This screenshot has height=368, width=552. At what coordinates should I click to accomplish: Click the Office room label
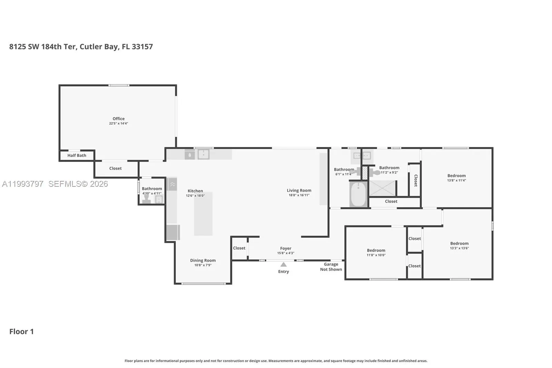pyautogui.click(x=119, y=119)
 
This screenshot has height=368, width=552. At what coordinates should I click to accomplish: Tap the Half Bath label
pyautogui.click(x=77, y=155)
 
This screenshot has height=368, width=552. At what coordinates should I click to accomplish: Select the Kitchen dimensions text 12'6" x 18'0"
pyautogui.click(x=195, y=196)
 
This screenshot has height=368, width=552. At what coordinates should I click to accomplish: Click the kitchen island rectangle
pyautogui.click(x=203, y=214)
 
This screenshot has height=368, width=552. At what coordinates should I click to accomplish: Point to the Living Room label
pyautogui.click(x=299, y=191)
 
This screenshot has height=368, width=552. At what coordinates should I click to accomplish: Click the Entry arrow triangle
pyautogui.click(x=284, y=264)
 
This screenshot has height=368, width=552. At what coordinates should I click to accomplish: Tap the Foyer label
pyautogui.click(x=286, y=248)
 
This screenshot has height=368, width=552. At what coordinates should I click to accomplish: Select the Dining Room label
pyautogui.click(x=203, y=260)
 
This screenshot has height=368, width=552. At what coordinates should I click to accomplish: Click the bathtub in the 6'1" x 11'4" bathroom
pyautogui.click(x=358, y=194)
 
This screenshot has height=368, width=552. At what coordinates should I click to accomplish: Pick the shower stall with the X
pyautogui.click(x=382, y=188)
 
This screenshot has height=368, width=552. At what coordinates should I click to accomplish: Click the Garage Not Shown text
pyautogui.click(x=331, y=267)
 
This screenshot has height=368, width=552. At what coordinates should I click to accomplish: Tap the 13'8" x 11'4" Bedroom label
pyautogui.click(x=457, y=176)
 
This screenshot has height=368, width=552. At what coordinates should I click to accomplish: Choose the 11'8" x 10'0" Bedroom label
pyautogui.click(x=376, y=250)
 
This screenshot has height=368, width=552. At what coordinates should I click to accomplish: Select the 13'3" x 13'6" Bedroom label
pyautogui.click(x=459, y=243)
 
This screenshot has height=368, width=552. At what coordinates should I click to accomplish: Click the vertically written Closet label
pyautogui.click(x=416, y=181)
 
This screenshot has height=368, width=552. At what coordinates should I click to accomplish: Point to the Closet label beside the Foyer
pyautogui.click(x=239, y=248)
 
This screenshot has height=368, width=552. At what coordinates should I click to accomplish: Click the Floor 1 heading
pyautogui.click(x=21, y=331)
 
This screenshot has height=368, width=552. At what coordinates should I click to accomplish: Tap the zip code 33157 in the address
pyautogui.click(x=142, y=47)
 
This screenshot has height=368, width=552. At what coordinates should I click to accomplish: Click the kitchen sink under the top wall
pyautogui.click(x=204, y=155)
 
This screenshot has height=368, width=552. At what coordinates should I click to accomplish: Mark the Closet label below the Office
pyautogui.click(x=115, y=168)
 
